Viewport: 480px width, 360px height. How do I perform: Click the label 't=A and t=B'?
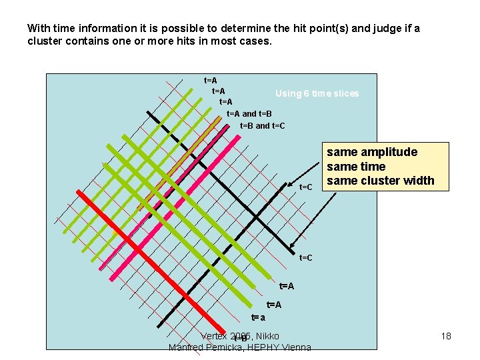tap(249, 113)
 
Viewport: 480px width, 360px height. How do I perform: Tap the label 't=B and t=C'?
tap(262, 125)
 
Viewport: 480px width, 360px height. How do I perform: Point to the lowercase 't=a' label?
tap(258, 318)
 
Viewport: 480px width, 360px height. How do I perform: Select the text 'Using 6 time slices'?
tap(317, 93)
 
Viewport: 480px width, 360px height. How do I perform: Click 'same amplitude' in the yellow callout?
tap(371, 152)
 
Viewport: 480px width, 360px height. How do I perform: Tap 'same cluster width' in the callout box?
tap(380, 180)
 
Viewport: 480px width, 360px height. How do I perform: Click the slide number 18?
tap(446, 336)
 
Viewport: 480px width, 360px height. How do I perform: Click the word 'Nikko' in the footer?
tap(267, 336)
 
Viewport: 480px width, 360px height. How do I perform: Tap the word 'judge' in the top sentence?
tap(390, 29)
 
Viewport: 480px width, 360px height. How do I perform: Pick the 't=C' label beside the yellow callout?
tap(306, 187)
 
